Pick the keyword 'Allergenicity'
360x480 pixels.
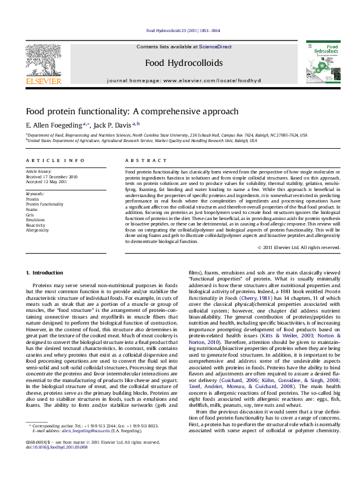click(x=38, y=230)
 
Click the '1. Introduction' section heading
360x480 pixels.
click(x=46, y=273)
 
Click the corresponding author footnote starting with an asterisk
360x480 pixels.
click(x=91, y=443)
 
